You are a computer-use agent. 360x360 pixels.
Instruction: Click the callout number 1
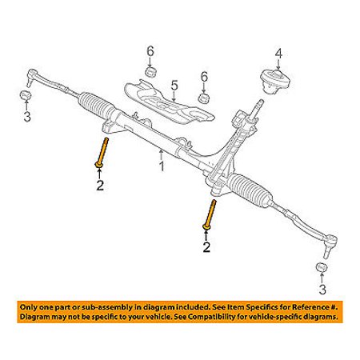[162, 166]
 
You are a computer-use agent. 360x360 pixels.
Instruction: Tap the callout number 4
[278, 54]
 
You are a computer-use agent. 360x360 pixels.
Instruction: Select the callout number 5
[174, 86]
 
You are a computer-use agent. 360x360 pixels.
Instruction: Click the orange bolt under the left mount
[102, 153]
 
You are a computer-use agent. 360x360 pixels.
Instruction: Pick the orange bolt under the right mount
[210, 214]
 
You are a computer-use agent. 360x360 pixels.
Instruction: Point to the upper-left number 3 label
[27, 117]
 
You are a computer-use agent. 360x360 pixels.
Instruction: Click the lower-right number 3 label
[322, 289]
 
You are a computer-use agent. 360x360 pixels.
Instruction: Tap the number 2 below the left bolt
[100, 186]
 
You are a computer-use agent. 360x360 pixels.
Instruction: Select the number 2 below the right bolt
[206, 246]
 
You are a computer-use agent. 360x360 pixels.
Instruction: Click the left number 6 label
[150, 51]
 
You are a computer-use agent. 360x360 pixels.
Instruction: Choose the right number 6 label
[204, 77]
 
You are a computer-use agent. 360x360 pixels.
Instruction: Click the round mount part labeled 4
[274, 81]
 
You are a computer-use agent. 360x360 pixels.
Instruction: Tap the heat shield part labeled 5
[169, 102]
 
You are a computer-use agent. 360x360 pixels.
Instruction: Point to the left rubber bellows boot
[97, 104]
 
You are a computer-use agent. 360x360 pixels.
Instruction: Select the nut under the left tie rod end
[26, 95]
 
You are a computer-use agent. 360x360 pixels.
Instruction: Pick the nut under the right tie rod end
[321, 267]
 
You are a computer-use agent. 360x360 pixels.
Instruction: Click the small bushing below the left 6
[150, 72]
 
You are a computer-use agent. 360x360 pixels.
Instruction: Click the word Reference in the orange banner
[310, 307]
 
